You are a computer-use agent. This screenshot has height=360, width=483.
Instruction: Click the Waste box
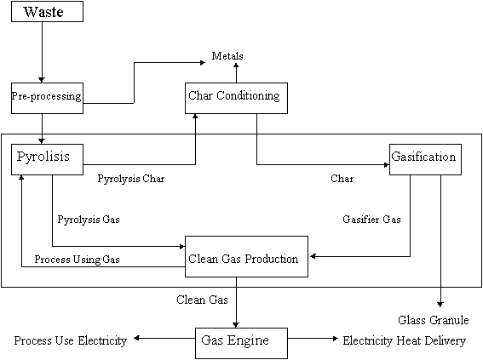click(x=47, y=11)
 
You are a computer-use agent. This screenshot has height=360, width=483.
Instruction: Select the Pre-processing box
click(x=47, y=98)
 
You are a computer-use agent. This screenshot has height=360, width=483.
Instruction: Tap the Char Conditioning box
click(x=236, y=98)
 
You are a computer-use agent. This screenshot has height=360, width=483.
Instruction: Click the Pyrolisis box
click(x=47, y=159)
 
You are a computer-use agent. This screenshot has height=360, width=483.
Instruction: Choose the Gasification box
click(x=425, y=159)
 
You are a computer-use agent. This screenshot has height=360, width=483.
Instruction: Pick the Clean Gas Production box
click(x=246, y=257)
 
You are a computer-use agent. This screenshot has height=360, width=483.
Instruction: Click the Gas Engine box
click(x=242, y=343)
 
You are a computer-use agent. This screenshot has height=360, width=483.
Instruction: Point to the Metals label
click(x=227, y=56)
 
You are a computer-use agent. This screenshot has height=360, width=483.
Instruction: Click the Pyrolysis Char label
click(x=131, y=179)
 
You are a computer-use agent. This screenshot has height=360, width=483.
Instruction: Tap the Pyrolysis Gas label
click(x=89, y=220)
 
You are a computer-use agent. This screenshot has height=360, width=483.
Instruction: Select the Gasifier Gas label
click(x=371, y=220)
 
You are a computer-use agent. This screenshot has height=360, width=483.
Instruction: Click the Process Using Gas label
click(x=77, y=260)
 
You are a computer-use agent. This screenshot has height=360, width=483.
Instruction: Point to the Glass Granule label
click(x=434, y=320)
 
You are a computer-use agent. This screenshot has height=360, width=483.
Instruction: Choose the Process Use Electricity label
click(x=71, y=340)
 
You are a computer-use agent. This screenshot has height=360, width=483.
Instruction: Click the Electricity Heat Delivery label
click(x=404, y=340)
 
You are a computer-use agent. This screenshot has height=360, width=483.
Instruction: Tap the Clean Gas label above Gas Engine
click(x=202, y=300)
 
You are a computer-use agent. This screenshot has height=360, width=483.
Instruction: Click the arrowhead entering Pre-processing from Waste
click(x=42, y=80)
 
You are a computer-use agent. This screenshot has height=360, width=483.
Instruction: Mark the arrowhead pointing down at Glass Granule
click(x=440, y=305)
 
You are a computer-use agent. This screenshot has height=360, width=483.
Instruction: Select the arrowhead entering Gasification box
click(x=387, y=164)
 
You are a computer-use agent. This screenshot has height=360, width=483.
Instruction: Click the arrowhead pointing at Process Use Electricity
click(x=137, y=338)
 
